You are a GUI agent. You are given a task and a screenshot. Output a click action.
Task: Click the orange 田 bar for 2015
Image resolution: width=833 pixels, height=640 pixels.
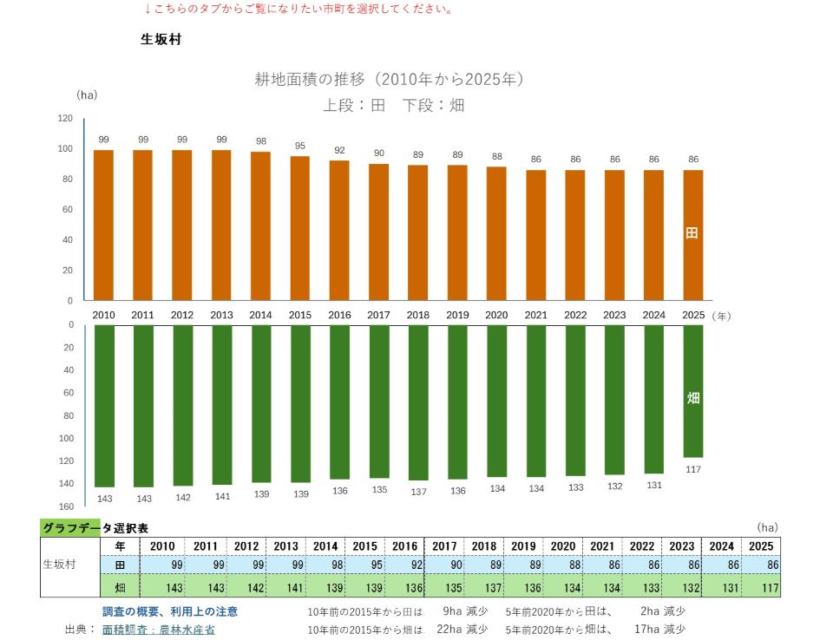[299, 228]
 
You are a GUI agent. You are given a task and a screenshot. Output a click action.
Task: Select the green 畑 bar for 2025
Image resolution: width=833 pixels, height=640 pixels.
[692, 391]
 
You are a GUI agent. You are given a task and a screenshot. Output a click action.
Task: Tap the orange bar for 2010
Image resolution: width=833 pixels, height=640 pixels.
[103, 225]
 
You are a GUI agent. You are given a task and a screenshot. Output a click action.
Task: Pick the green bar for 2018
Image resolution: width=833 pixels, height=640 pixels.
[418, 402]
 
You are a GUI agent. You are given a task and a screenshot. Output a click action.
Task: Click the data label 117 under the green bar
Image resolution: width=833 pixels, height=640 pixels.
[692, 469]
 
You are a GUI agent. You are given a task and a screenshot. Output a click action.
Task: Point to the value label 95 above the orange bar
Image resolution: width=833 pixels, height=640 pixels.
[300, 146]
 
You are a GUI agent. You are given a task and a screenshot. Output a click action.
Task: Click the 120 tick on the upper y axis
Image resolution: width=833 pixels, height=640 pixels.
[65, 118]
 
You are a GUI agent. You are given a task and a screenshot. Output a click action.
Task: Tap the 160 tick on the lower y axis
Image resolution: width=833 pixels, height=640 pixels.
[66, 506]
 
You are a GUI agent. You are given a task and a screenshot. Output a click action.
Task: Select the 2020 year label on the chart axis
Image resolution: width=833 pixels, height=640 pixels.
[496, 315]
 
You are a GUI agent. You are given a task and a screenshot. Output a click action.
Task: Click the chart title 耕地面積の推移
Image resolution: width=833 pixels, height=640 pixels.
[310, 79]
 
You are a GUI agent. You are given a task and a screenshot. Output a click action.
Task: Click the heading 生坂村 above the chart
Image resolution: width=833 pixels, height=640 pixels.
[161, 39]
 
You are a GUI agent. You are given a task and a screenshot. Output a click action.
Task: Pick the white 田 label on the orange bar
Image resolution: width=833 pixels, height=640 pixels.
[692, 232]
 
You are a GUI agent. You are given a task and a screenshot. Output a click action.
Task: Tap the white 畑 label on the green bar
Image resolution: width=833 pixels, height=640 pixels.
[692, 398]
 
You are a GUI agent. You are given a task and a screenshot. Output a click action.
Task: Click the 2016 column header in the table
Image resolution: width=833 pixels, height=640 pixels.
[405, 546]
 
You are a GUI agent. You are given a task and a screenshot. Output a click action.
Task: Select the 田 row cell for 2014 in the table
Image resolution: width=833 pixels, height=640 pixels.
[325, 565]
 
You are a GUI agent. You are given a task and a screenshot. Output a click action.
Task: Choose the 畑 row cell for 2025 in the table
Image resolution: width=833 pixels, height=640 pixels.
[761, 587]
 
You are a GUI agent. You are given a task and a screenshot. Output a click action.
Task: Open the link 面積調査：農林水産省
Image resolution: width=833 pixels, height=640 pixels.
[158, 630]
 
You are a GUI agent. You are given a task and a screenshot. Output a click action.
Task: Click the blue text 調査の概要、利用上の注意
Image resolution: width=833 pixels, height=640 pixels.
[170, 611]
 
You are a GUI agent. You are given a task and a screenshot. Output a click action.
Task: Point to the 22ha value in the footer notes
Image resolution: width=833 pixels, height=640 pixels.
[449, 629]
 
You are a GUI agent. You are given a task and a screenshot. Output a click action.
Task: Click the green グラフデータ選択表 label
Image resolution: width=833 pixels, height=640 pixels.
[95, 528]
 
